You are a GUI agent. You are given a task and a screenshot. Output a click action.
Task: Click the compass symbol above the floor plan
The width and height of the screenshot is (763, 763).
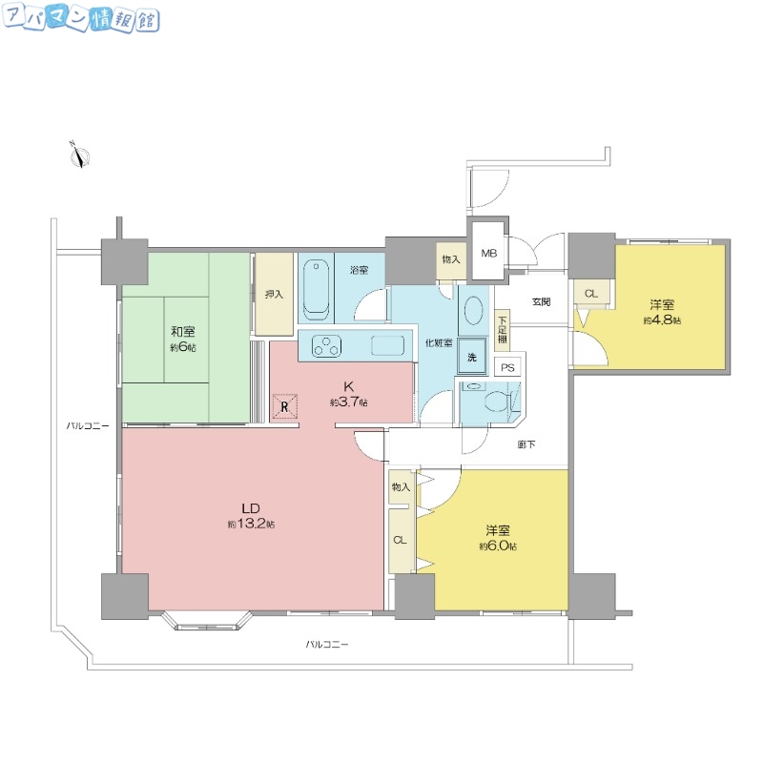click(79, 155)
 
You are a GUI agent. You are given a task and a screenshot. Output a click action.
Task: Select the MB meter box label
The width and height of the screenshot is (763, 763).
click(488, 253)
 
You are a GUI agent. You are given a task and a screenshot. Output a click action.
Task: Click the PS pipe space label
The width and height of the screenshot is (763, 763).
click(508, 366)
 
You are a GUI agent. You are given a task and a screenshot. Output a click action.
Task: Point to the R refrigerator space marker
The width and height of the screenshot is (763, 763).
click(284, 406)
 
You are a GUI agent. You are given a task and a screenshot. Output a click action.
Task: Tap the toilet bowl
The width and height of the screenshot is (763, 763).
click(495, 401)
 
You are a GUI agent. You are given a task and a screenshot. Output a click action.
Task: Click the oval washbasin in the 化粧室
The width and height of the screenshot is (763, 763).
click(473, 311)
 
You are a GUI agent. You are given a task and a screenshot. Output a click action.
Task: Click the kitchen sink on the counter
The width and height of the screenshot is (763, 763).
click(386, 345)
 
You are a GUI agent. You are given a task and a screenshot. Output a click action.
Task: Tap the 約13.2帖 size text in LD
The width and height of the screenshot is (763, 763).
click(251, 525)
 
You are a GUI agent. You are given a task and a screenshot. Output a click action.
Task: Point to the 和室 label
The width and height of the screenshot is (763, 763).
click(183, 331)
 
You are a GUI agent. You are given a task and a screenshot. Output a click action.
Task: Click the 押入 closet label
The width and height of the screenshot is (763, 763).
click(274, 294)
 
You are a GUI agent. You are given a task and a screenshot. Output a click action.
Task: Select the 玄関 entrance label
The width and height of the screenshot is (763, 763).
click(541, 302)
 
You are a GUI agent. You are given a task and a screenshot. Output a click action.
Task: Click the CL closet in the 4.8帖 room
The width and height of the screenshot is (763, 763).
click(590, 293)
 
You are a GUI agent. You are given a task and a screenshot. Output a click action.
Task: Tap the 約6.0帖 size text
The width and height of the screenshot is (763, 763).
click(498, 546)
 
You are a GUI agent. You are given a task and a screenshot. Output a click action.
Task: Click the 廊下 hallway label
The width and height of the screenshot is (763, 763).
click(526, 444)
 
